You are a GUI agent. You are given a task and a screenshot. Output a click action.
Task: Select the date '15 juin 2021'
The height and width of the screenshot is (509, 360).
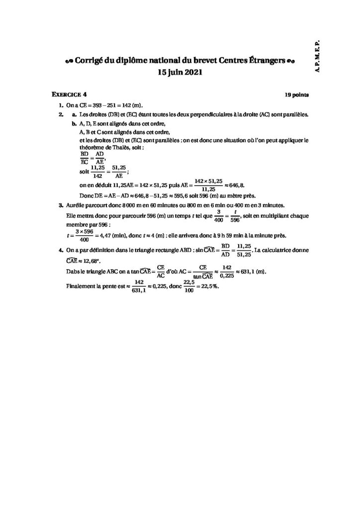(x=180, y=72)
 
